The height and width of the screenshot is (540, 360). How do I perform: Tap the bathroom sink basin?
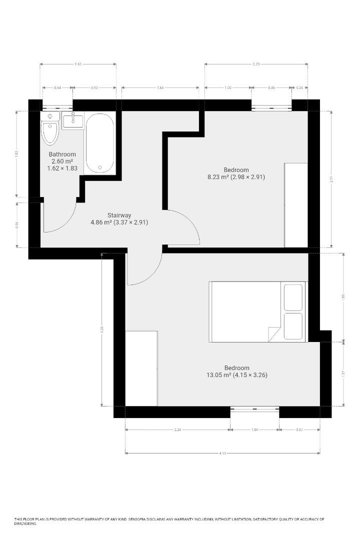(x=73, y=119)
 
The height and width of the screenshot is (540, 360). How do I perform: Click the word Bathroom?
(x=62, y=154)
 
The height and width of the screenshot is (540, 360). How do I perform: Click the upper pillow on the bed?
(x=293, y=297)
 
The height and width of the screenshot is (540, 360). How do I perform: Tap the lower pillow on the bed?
(x=293, y=326)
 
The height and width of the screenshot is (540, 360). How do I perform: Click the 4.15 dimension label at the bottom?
(x=222, y=453)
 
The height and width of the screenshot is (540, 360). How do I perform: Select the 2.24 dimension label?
(x=177, y=429)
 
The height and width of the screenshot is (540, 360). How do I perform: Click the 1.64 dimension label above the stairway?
(x=160, y=88)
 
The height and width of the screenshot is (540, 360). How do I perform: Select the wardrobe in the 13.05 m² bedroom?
(x=141, y=368)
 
